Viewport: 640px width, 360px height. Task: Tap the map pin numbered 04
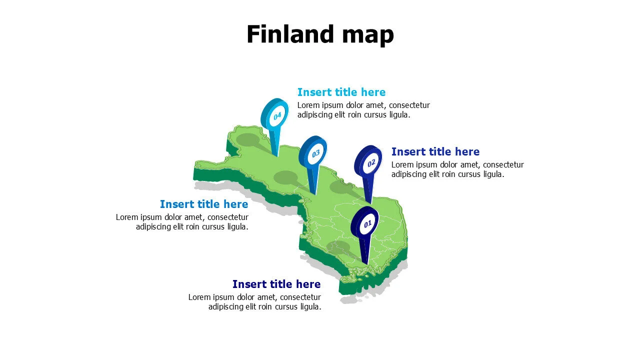tap(275, 115)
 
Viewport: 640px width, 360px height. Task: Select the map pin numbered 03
tap(313, 153)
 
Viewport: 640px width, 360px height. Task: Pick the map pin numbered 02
tap(369, 162)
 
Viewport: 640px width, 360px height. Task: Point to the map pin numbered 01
tap(365, 223)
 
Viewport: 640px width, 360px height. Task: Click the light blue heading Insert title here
tap(341, 92)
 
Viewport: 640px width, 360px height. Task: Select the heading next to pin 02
tap(435, 151)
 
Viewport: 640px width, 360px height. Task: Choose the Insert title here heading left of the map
tap(204, 204)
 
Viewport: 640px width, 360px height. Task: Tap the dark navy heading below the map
tap(276, 284)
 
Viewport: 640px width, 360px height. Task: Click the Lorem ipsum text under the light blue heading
tap(363, 110)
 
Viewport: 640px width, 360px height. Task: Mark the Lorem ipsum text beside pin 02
tap(457, 169)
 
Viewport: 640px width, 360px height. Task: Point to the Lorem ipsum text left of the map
tap(182, 222)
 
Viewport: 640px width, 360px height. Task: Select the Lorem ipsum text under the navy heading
tap(254, 302)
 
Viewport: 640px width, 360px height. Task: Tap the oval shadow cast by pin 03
tap(285, 177)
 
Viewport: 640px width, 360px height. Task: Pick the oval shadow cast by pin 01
tap(338, 247)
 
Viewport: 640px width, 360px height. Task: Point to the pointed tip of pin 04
tap(277, 156)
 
